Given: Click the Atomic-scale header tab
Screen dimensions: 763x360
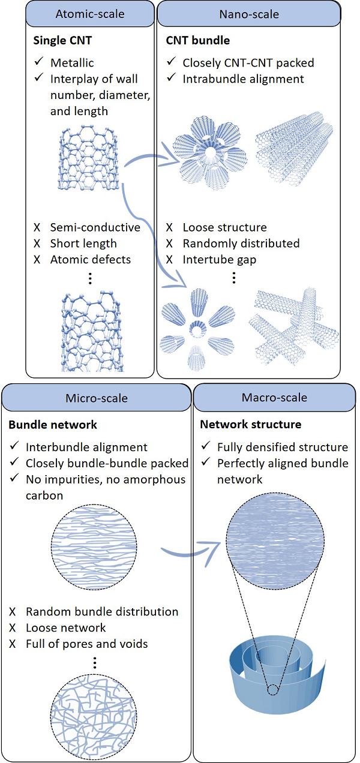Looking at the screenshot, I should click(x=91, y=14).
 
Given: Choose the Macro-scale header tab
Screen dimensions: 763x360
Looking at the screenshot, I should click(x=274, y=397).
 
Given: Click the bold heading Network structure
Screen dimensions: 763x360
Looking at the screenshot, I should click(x=241, y=425).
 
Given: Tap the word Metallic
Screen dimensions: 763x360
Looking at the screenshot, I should click(x=72, y=62).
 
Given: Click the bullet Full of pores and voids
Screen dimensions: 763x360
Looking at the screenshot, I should click(x=86, y=644).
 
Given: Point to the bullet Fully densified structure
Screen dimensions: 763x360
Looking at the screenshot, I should click(x=283, y=447).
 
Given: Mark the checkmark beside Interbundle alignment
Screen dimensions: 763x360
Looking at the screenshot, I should click(x=14, y=447).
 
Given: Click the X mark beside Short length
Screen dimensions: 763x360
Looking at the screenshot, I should click(x=37, y=244).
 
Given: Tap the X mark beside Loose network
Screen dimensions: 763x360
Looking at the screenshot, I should click(x=13, y=628).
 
